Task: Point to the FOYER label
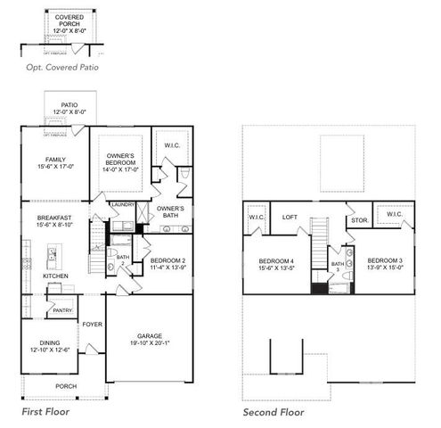[x=93, y=325]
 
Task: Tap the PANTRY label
[x=61, y=309]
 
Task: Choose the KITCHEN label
[x=55, y=276]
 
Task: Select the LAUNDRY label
[x=122, y=204]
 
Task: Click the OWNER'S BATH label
[x=170, y=211]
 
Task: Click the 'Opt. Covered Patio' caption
[x=61, y=67]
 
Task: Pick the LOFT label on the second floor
[x=290, y=217]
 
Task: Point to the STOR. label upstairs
[x=358, y=219]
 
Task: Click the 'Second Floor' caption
[x=274, y=413]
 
